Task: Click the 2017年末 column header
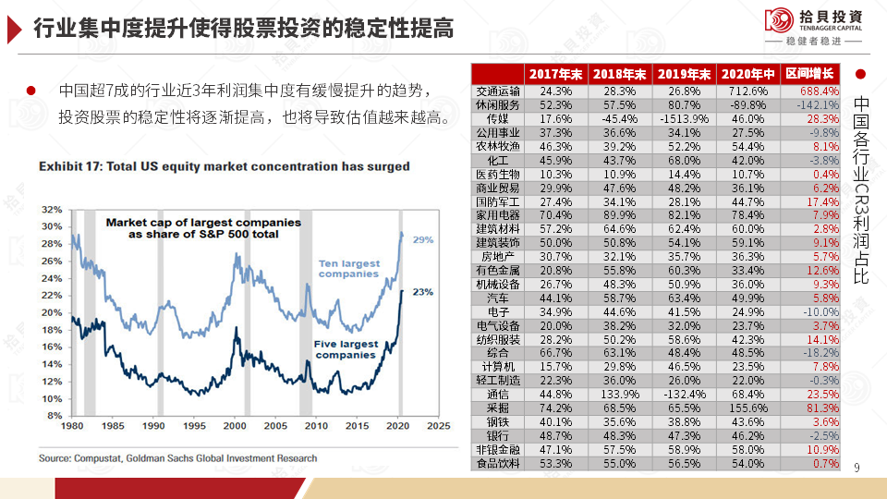(556, 74)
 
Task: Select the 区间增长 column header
(809, 74)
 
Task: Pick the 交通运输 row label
(498, 91)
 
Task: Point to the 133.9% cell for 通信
(620, 394)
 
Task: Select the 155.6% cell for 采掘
(748, 408)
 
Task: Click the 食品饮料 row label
(498, 463)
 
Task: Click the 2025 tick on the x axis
(437, 427)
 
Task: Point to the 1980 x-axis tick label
(73, 427)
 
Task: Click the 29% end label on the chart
(423, 240)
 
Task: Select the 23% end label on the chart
(423, 292)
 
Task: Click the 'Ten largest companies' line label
(348, 269)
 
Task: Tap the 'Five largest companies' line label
(346, 349)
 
